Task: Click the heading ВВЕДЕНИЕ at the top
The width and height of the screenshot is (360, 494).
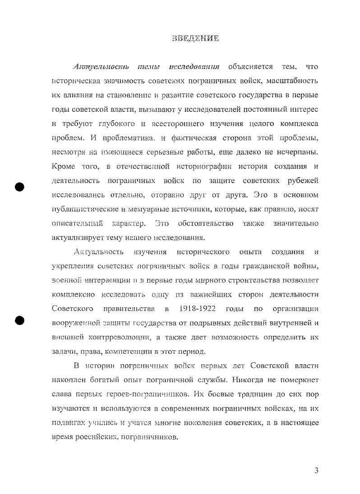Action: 195,38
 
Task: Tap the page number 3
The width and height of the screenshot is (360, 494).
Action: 316,471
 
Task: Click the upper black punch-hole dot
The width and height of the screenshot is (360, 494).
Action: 19,187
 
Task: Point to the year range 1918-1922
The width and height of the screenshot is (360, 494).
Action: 197,309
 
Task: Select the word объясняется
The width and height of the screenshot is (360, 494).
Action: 251,67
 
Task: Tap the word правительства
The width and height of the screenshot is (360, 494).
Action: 129,309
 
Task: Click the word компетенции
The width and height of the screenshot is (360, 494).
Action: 138,351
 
